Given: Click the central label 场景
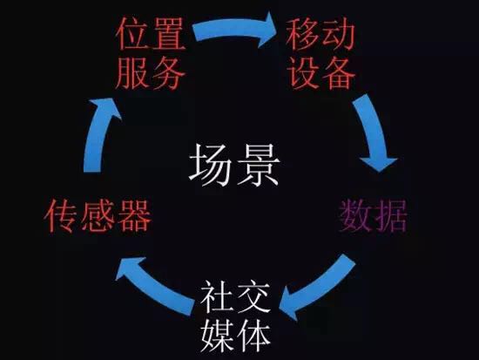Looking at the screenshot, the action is pos(234,165).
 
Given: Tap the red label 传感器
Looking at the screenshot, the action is pos(98,216).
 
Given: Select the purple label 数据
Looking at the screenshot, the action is pos(373,216).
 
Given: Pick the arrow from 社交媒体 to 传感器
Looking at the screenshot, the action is pos(152,286).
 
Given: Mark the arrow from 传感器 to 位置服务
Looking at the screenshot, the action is pos(98,134).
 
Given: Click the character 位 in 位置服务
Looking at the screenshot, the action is pos(133,34).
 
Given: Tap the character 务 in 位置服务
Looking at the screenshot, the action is pos(169,73).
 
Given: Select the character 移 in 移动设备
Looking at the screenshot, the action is pos(303,34).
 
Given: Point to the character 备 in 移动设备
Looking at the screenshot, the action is pos(339,73).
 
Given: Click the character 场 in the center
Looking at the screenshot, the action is pos(211,165).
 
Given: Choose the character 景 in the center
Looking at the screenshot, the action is pos(259,165).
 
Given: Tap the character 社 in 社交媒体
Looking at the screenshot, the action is pos(218,296).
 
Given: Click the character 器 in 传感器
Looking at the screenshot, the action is pos(134,216).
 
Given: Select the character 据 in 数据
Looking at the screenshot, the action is pos(391,216).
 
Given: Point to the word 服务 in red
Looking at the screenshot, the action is pos(151,73).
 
